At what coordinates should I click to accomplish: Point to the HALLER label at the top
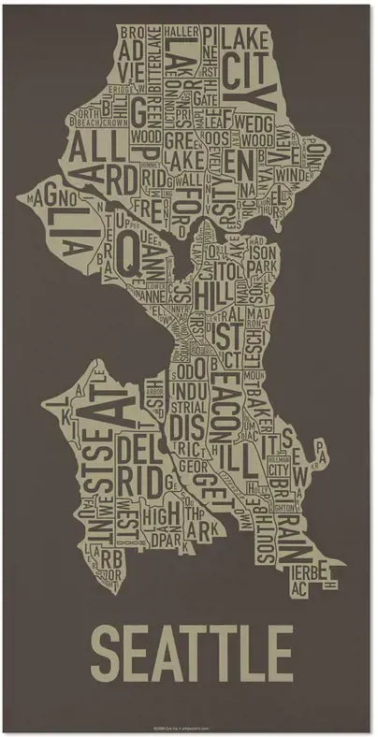(x=178, y=31)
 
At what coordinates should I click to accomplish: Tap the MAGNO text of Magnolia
(x=54, y=198)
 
